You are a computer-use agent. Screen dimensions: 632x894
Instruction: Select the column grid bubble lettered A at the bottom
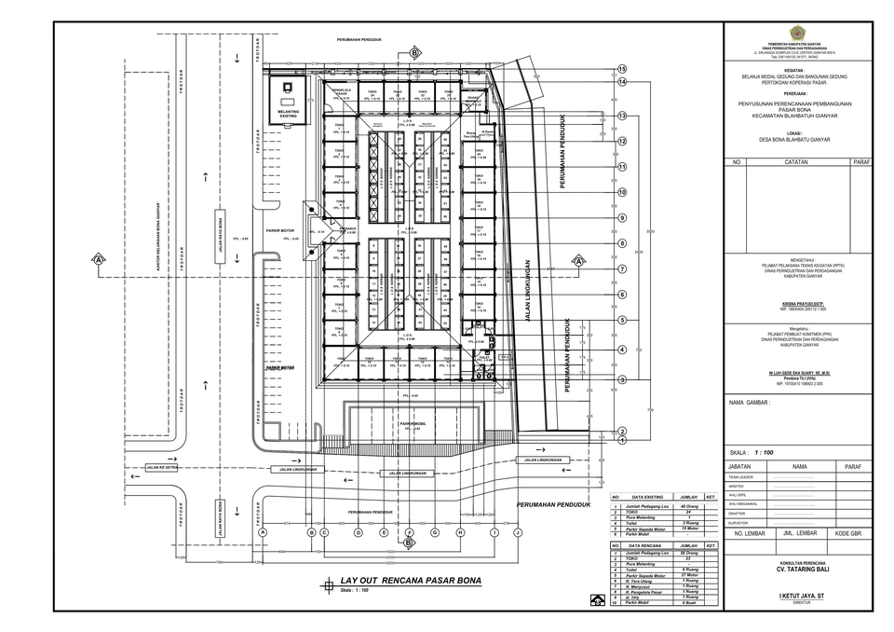(263, 532)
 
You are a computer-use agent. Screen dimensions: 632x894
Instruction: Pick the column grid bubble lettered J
(516, 532)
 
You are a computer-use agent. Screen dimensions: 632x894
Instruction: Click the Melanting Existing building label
(288, 113)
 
